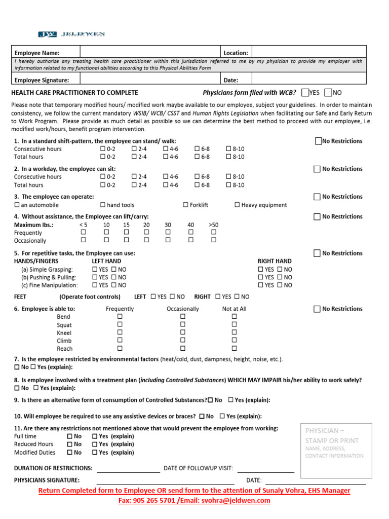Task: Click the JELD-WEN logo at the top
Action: (x=71, y=34)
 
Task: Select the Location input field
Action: (x=308, y=52)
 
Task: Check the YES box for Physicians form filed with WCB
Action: (x=304, y=93)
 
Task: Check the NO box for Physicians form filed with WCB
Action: (x=328, y=93)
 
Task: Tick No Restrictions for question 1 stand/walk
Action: (x=318, y=141)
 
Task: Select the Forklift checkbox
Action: (x=185, y=205)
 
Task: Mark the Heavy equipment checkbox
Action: (x=237, y=205)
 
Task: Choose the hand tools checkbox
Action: (x=103, y=205)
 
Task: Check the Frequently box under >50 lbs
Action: (x=214, y=232)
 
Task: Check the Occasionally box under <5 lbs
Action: (x=84, y=240)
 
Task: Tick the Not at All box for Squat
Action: (x=234, y=324)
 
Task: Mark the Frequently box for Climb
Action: (x=120, y=341)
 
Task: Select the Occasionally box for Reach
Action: (x=183, y=348)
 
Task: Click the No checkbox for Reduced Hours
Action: (x=69, y=444)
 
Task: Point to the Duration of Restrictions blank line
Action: (x=128, y=468)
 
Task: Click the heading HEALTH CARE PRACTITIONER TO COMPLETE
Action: (x=74, y=93)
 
